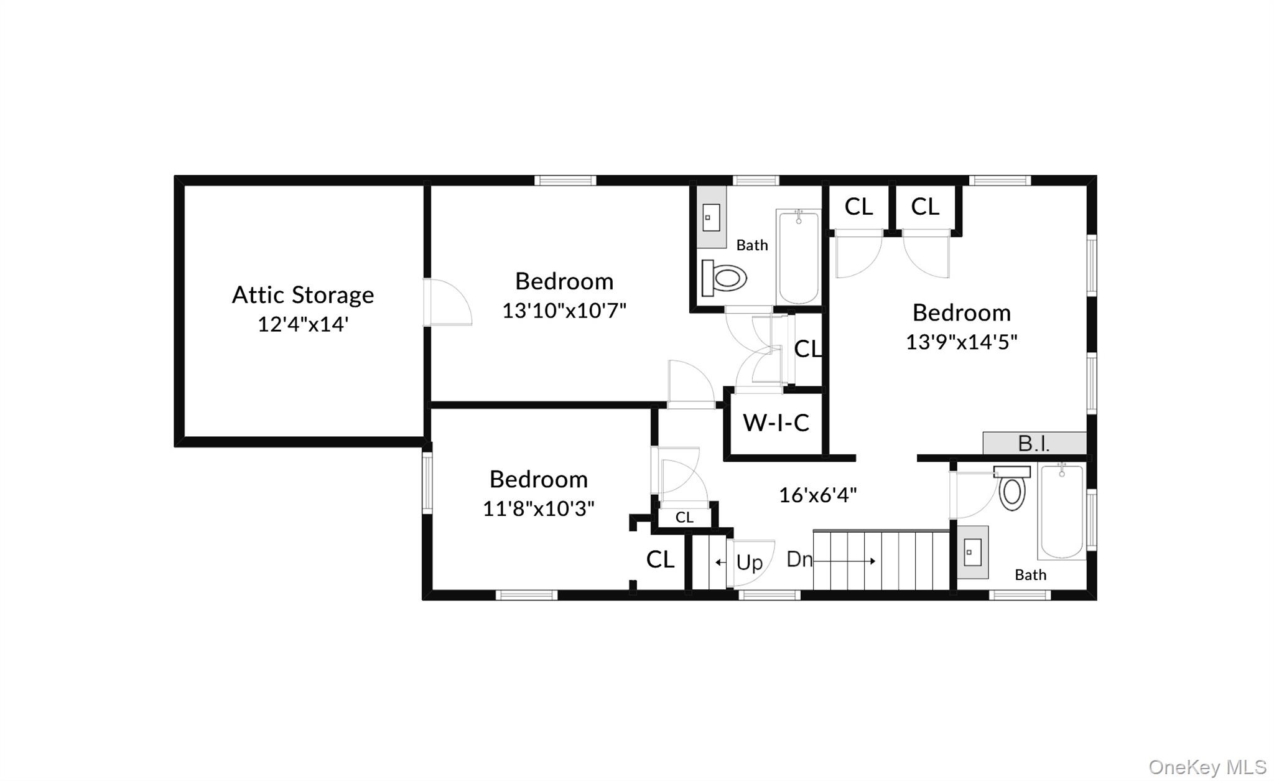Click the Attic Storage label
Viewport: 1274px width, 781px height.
[x=303, y=295]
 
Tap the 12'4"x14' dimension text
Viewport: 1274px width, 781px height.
[x=303, y=324]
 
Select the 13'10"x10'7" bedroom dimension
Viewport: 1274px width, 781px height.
[x=564, y=310]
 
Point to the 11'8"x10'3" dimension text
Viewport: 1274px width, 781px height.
[x=538, y=508]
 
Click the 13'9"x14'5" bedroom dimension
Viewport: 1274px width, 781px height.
[x=961, y=342]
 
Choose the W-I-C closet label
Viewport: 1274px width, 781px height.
[x=776, y=423]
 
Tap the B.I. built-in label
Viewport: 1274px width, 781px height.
[x=1033, y=443]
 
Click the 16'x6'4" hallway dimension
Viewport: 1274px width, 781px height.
[x=817, y=495]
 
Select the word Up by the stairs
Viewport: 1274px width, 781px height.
[x=749, y=563]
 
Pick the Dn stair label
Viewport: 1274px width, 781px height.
[x=799, y=559]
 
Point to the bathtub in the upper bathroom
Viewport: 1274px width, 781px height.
[x=799, y=256]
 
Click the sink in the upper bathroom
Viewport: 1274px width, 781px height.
[x=711, y=217]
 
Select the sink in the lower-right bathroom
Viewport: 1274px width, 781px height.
[x=972, y=552]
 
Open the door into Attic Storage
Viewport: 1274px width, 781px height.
[x=446, y=302]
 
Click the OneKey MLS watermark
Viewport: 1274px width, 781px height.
[x=1207, y=767]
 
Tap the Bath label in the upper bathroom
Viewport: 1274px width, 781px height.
[x=751, y=245]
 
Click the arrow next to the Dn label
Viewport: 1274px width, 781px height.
[x=845, y=561]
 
